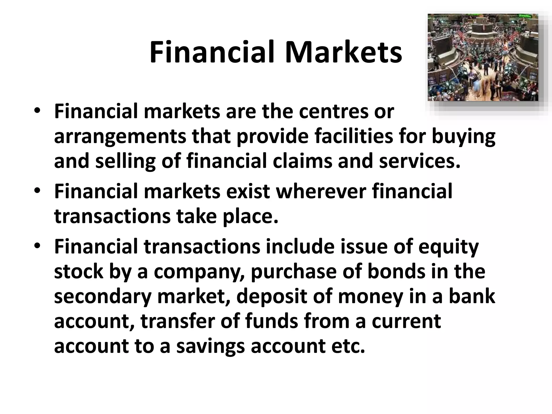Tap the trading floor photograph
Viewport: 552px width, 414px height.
coord(483,57)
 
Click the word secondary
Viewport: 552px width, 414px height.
coord(102,296)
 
